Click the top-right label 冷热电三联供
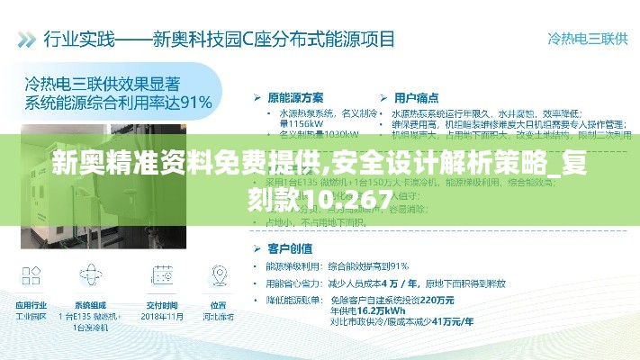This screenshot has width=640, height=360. tap(587, 39)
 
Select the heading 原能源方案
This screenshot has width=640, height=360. tap(295, 96)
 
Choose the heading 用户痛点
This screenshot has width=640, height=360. tap(416, 96)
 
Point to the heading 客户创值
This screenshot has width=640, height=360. tap(290, 247)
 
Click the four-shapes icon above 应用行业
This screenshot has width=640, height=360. tap(30, 274)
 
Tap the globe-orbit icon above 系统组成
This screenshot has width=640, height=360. tap(91, 274)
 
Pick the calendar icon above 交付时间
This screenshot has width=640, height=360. tap(162, 274)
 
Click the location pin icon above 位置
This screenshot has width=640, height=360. tap(219, 274)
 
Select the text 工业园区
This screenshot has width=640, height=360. tap(31, 317)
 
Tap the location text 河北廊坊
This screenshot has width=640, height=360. tap(219, 317)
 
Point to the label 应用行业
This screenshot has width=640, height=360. tap(31, 305)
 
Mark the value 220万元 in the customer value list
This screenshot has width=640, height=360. tap(437, 299)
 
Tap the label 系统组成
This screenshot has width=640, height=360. tap(91, 305)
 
